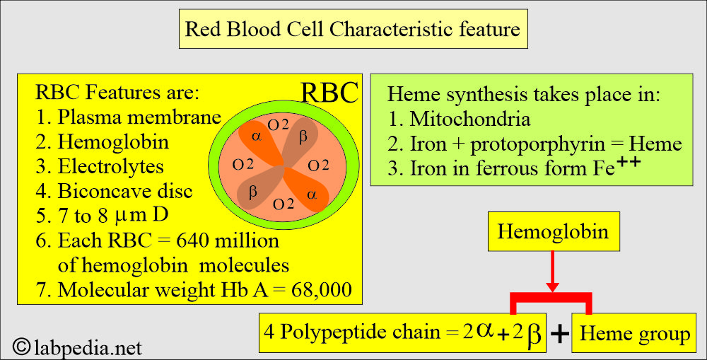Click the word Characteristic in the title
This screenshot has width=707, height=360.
(x=390, y=29)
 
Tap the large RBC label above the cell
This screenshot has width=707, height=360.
(x=329, y=93)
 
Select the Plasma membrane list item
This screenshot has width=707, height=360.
(x=129, y=117)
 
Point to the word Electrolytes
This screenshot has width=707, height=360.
(x=111, y=166)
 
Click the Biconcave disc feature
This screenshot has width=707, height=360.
(x=114, y=191)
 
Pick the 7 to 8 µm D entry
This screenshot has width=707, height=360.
(x=102, y=215)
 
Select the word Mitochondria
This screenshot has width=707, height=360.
(x=470, y=119)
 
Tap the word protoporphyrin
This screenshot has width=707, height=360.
(x=537, y=144)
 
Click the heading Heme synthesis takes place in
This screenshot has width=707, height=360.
(x=524, y=95)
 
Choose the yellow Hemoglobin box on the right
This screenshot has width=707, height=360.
(x=554, y=231)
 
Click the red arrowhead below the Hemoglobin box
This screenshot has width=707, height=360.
(x=552, y=287)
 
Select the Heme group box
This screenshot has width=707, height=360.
(x=633, y=333)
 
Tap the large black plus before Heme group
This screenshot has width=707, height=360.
(x=559, y=335)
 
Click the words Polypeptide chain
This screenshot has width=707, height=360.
(x=360, y=332)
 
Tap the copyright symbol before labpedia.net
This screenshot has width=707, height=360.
(x=22, y=347)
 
